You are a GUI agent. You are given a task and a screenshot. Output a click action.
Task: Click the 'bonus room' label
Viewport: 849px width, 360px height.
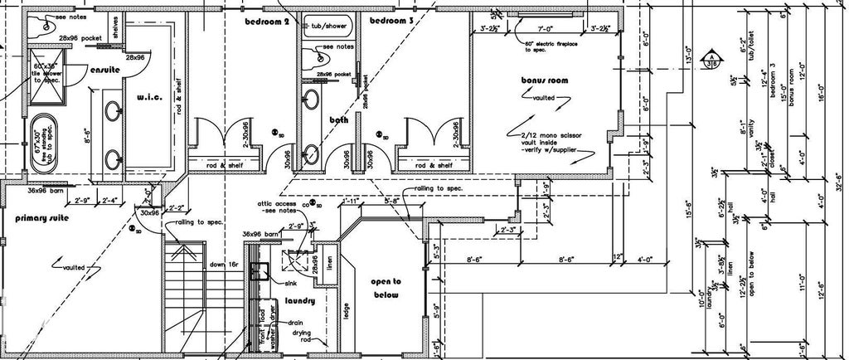pyautogui.click(x=543, y=80)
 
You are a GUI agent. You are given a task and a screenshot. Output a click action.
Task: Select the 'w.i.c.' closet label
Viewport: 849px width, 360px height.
pyautogui.click(x=148, y=98)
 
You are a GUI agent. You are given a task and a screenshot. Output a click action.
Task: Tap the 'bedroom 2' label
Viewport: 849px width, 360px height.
pyautogui.click(x=266, y=21)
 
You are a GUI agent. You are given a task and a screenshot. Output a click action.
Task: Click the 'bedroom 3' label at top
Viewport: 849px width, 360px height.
pyautogui.click(x=391, y=20)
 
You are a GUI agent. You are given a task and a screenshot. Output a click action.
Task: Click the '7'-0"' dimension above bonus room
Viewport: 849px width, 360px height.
pyautogui.click(x=544, y=29)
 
